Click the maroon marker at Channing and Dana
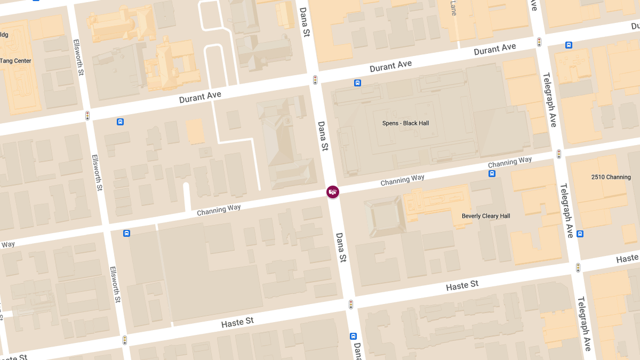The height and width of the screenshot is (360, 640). point(333,191)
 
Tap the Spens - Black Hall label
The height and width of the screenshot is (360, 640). point(405,123)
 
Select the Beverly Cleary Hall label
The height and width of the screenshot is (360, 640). point(485,216)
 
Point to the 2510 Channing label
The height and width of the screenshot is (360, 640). point(611,177)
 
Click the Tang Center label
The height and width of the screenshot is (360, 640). point(16,61)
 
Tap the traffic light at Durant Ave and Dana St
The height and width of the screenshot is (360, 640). point(315,80)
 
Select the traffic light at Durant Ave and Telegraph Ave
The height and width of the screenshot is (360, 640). point(539,42)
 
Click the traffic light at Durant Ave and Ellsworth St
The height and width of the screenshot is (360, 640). point(87,115)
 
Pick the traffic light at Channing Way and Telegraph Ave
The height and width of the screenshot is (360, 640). point(558,154)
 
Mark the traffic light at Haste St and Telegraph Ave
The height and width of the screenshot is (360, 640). point(578,268)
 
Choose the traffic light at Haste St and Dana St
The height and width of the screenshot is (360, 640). point(351,305)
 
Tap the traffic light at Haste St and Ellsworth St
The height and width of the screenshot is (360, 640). point(125,340)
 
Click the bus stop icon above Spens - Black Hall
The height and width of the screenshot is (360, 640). point(357,83)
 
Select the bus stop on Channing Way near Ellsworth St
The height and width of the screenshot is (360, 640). point(126,233)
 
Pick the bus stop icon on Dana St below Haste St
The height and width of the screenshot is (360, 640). point(353,336)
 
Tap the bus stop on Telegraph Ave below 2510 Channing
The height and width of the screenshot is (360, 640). point(580,234)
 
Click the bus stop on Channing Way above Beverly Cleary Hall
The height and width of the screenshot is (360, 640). point(492,173)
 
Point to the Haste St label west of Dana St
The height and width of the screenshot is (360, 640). point(237,322)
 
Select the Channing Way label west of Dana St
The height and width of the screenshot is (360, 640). point(219,210)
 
